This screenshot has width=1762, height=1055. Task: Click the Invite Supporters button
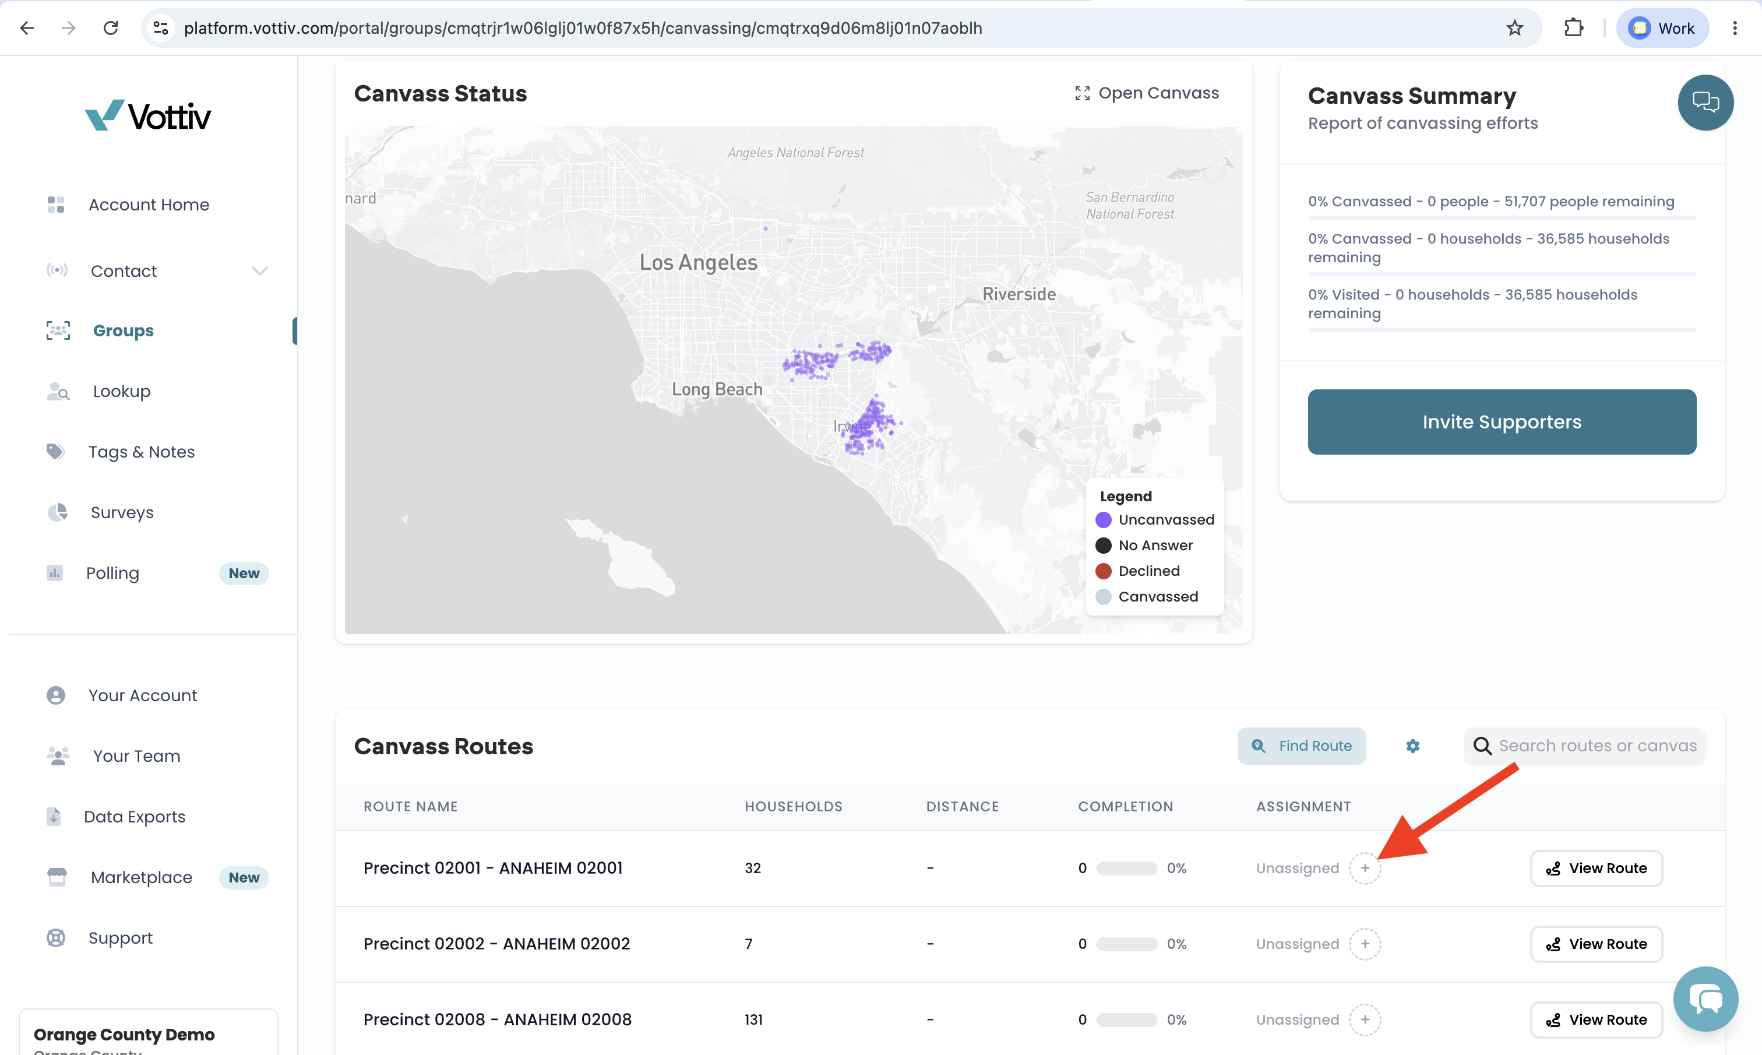1501,421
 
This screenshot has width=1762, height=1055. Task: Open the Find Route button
1301,745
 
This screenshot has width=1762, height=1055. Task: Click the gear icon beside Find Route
1412,745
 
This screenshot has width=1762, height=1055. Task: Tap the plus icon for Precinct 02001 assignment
1365,868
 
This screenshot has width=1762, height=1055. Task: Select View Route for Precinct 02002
1596,944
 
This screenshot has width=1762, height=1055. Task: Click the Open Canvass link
1147,93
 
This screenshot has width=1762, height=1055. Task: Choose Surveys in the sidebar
122,512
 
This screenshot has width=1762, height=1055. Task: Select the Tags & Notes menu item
142,452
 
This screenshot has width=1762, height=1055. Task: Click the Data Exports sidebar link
134,817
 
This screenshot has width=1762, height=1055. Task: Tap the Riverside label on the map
1019,294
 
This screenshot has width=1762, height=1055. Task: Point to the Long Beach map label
717,389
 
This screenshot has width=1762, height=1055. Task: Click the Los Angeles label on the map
699,262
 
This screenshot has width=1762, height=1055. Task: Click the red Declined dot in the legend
1104,571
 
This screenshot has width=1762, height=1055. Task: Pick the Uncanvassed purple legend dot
1104,520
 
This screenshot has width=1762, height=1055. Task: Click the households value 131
753,1019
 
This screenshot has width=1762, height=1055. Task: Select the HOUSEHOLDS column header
793,807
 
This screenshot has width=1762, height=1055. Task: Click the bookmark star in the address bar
1515,28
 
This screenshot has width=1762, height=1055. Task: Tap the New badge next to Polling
244,573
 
